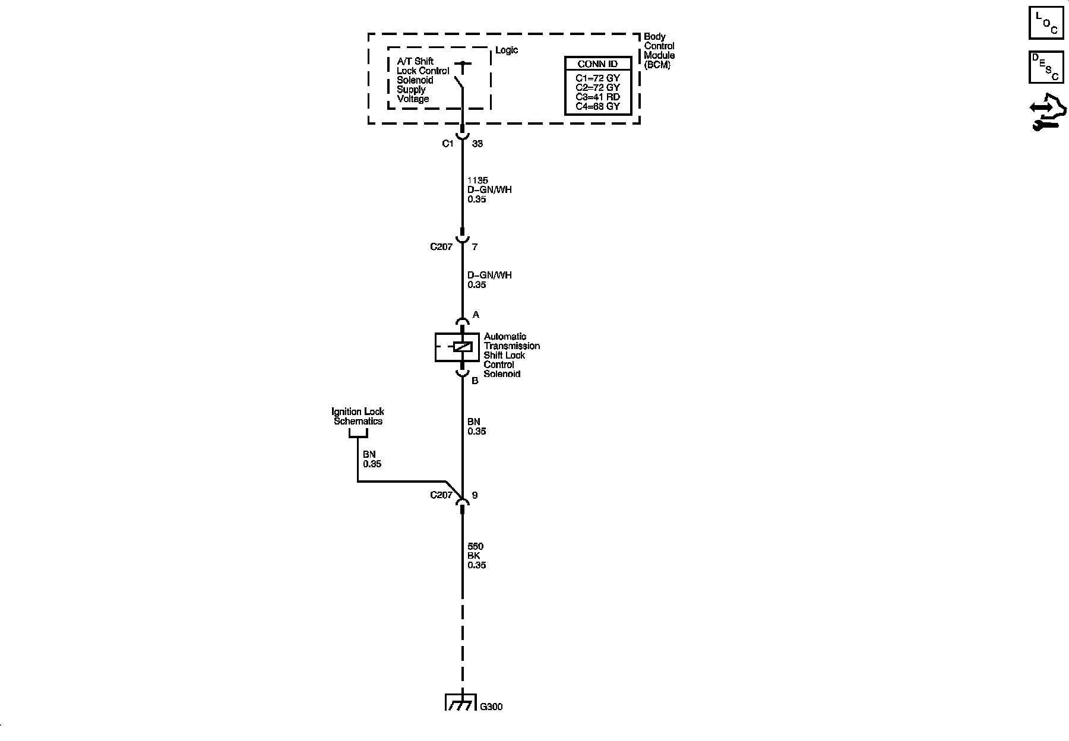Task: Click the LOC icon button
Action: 1046,23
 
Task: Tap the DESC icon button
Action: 1046,67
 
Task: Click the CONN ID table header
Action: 597,64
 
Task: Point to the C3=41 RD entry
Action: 597,97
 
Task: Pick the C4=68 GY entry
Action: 597,106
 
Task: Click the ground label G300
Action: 491,707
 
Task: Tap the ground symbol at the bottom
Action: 461,702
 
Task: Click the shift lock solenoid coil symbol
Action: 462,347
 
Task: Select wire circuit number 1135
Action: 477,180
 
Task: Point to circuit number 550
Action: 475,546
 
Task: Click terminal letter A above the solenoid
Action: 476,315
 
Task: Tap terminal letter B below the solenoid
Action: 475,381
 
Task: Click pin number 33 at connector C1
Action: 477,144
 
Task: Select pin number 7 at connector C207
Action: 475,246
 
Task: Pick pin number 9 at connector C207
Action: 475,495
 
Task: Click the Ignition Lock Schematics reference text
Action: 358,416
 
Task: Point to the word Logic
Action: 506,50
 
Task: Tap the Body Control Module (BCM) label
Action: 659,50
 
